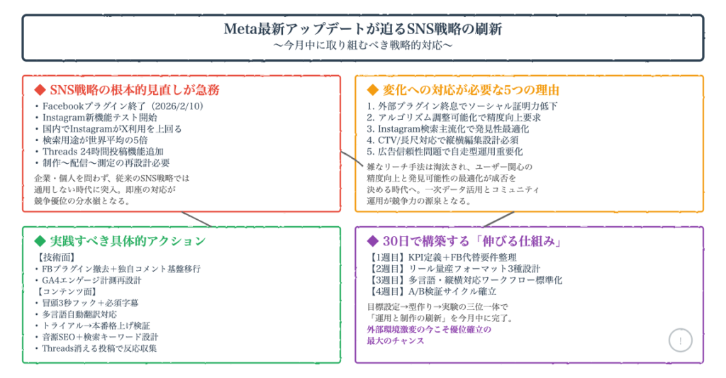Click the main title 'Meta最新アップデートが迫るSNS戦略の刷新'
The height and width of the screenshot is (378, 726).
coord(362,30)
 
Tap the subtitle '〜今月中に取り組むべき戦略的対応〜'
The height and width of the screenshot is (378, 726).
coord(362,45)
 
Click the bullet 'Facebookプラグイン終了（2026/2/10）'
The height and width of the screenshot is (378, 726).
coord(118,106)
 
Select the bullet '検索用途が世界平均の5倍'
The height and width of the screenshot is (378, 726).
coord(96,140)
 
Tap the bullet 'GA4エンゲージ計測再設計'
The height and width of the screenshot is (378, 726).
coord(88,280)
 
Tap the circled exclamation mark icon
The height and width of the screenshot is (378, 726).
coord(681,341)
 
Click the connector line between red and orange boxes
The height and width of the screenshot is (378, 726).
coord(348,160)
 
